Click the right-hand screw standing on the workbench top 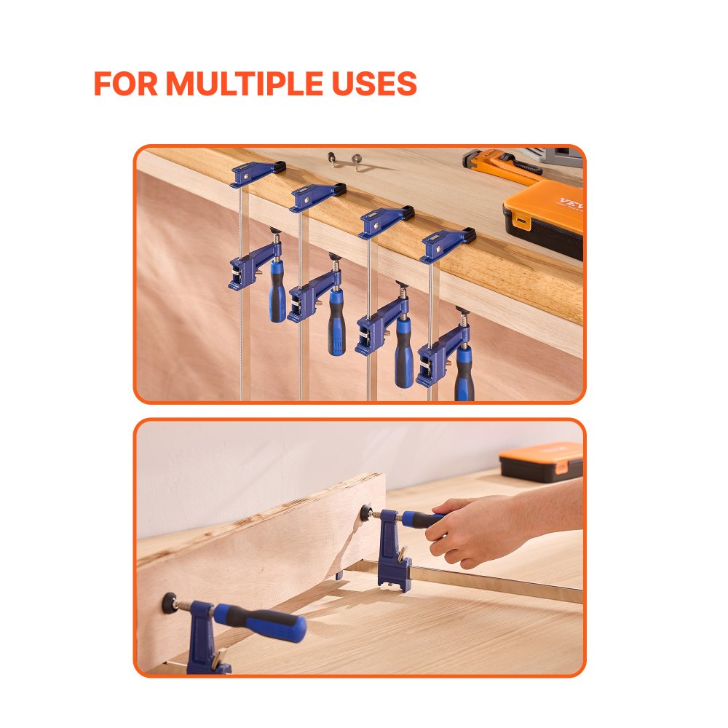click(x=356, y=160)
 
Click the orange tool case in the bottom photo click(x=542, y=463)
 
